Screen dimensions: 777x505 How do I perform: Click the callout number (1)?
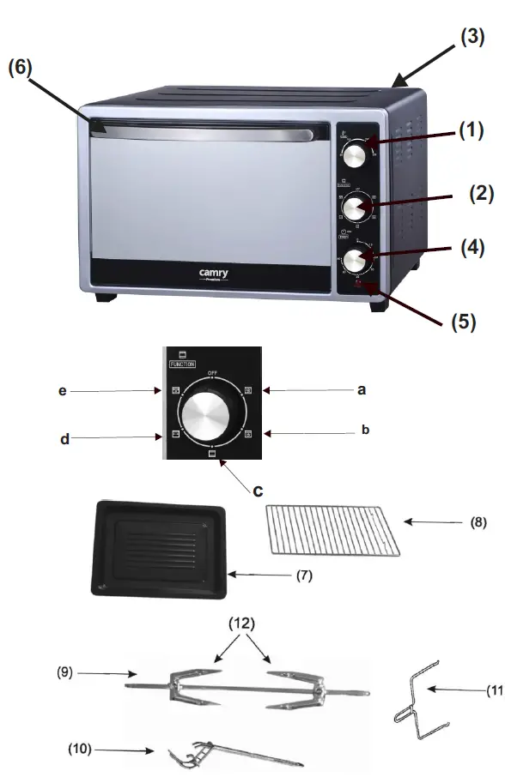471,131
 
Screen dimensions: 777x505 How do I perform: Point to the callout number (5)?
464,322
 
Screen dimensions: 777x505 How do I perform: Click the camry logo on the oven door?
214,274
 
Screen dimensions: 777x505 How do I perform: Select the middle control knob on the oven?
354,208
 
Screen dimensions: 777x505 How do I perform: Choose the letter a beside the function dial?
361,389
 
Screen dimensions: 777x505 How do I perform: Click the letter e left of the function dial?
62,390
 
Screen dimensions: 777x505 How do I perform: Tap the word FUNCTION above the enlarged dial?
182,364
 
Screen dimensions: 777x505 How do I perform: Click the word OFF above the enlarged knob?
212,373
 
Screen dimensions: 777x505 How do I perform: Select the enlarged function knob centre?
212,418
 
